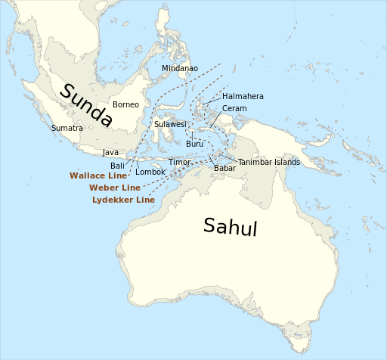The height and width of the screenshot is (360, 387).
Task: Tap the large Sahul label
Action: (231, 226)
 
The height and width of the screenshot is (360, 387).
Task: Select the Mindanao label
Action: (180, 68)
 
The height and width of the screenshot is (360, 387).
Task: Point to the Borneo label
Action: (125, 104)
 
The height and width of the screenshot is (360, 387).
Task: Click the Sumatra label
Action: (67, 128)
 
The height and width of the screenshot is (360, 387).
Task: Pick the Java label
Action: (110, 152)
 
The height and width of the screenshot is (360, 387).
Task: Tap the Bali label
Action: (118, 165)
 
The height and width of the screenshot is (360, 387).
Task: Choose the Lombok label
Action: (150, 172)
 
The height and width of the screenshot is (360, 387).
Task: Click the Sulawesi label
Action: (170, 124)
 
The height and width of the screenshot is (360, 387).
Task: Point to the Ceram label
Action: (234, 108)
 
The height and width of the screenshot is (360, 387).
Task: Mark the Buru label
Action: (194, 144)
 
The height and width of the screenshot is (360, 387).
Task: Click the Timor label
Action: (180, 162)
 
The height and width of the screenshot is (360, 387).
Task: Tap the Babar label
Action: (224, 168)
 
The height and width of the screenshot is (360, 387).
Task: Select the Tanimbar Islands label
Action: (269, 162)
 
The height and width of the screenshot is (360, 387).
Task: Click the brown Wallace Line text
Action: (98, 175)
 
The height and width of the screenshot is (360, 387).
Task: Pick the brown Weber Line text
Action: (115, 188)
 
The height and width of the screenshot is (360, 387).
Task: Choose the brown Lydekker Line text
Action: (123, 200)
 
